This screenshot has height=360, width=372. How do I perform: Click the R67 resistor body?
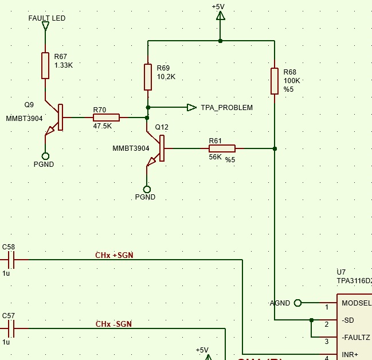point(45,66)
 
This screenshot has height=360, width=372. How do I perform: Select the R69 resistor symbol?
point(148,77)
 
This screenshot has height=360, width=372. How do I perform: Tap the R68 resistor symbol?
point(275,81)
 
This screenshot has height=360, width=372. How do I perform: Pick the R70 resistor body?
point(106,118)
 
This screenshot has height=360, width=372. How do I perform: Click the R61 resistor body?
point(222,148)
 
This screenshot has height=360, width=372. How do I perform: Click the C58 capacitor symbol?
point(11,260)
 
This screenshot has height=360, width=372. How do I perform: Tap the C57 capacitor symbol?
point(11,328)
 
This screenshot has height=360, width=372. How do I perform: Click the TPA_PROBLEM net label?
point(227,108)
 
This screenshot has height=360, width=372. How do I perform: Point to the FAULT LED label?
point(47,18)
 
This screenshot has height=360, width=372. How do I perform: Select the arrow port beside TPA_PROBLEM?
point(191,108)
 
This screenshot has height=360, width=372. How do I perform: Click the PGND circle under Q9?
point(45,156)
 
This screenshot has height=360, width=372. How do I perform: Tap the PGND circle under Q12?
point(147,189)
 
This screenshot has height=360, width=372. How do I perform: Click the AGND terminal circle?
point(297,303)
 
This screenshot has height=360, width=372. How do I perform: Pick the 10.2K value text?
point(166,77)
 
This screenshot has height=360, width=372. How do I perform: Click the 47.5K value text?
point(102,126)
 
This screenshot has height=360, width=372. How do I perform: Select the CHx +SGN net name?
point(114,255)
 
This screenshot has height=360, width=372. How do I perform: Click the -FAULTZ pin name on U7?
point(355,338)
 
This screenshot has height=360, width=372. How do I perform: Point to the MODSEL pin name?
point(357,303)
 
